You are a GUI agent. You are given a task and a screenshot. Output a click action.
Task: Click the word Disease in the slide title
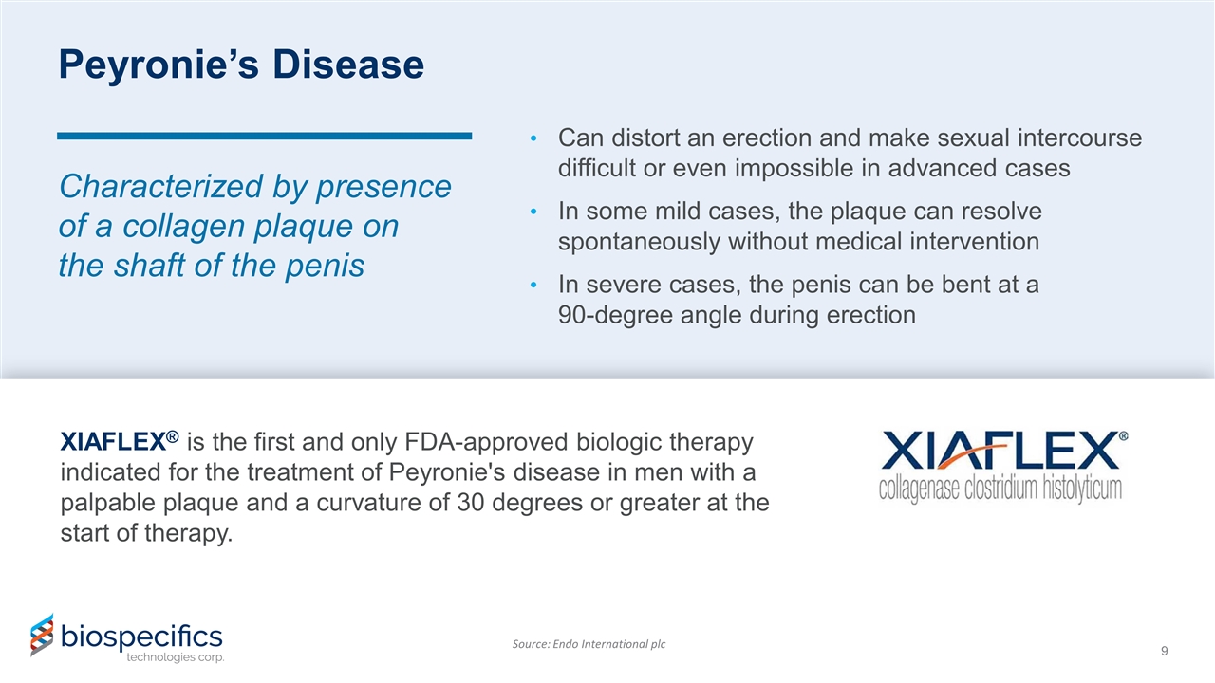[x=347, y=65]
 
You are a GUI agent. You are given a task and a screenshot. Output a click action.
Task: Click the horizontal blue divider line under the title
[x=264, y=137]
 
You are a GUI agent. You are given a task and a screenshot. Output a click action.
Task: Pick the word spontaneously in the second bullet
[x=639, y=242]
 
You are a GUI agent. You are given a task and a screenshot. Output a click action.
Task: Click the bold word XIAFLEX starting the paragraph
[x=113, y=443]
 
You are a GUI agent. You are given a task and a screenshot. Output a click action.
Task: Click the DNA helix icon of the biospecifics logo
[x=41, y=635]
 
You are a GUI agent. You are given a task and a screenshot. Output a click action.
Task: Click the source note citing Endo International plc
[x=589, y=644]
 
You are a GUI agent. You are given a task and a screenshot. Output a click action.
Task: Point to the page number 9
[x=1165, y=651]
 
